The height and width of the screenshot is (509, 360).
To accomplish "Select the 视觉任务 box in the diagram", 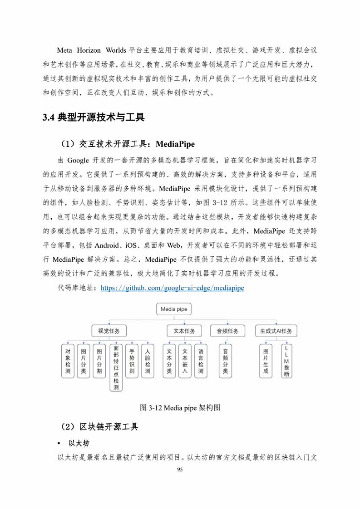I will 108,331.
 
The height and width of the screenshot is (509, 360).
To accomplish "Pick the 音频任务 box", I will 227,331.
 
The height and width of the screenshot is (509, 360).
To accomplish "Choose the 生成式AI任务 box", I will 276,331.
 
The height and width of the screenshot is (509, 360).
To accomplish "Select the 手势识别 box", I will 132,361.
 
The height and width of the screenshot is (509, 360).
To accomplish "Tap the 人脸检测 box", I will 148,361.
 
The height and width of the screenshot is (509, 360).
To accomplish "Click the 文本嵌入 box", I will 185,361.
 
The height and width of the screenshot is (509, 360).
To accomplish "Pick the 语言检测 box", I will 201,361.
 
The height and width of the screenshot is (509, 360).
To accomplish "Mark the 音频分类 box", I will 226,361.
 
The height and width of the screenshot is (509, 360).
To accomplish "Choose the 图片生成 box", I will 266,361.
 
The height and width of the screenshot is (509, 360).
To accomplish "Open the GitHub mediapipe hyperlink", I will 172,288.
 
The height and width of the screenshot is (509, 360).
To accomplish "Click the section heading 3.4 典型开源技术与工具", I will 94,118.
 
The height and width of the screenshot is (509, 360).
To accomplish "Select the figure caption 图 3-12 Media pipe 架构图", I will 180,407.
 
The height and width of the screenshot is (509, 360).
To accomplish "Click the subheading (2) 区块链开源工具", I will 99,427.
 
